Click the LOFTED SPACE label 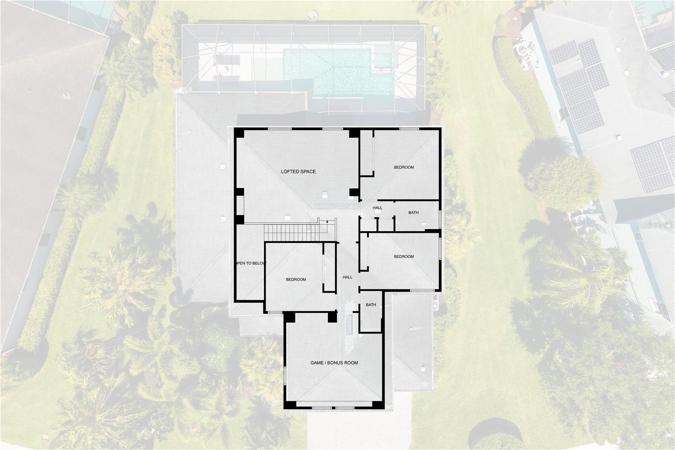click(298, 172)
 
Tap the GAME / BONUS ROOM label click(334, 363)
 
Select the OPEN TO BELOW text click(251, 263)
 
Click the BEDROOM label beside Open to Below click(296, 279)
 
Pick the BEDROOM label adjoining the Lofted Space click(404, 167)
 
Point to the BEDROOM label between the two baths click(404, 257)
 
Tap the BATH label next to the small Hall click(413, 213)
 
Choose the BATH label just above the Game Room click(371, 305)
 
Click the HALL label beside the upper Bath click(377, 208)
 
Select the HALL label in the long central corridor click(347, 277)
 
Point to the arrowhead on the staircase click(327, 221)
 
